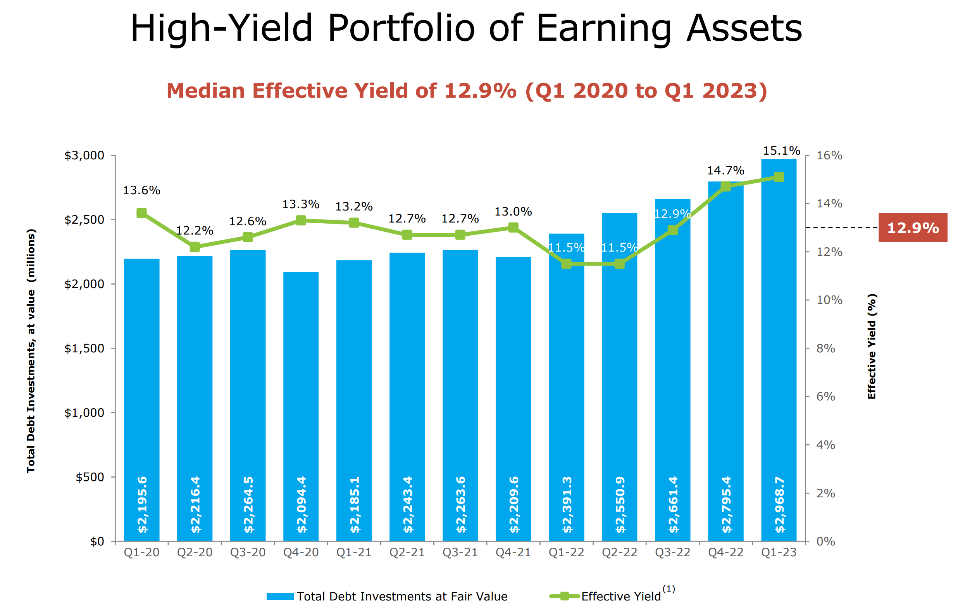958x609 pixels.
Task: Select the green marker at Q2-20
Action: pos(195,247)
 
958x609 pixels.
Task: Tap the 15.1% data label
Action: pos(781,151)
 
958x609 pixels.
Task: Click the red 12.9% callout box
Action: pos(913,228)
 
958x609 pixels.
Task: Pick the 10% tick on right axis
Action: pos(829,300)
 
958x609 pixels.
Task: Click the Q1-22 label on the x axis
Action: pos(566,552)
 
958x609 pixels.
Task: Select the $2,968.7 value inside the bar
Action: pos(779,504)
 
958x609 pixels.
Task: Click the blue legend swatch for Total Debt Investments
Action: pos(280,596)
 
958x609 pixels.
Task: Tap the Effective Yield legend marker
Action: pos(564,596)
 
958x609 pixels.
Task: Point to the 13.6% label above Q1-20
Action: pos(141,190)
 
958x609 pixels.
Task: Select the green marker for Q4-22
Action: pos(725,186)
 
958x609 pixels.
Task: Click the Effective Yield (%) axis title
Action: pos(872,346)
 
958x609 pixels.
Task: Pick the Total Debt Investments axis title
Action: pos(31,350)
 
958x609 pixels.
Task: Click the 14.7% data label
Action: pos(725,170)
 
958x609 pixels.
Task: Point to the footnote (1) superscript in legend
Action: pos(669,588)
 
